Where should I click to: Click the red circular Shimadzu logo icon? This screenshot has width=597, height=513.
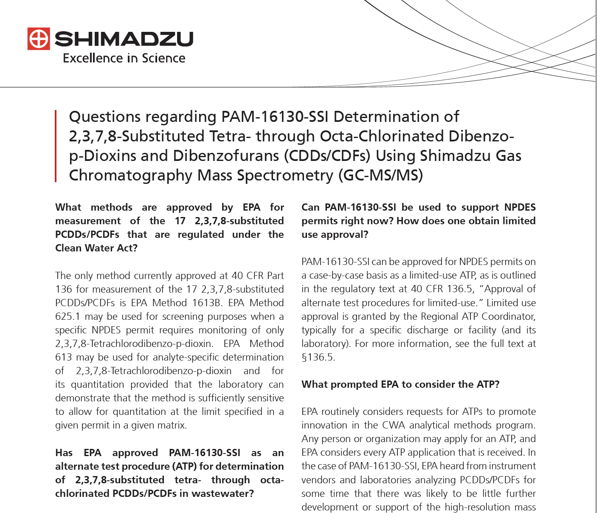click(x=39, y=39)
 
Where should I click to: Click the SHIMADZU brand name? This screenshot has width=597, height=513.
click(x=124, y=39)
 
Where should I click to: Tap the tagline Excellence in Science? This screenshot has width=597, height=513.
click(x=124, y=58)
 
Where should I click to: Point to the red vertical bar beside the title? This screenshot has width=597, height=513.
click(x=56, y=146)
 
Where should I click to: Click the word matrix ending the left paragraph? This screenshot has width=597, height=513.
click(x=172, y=425)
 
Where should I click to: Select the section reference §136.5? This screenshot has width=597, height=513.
click(x=318, y=357)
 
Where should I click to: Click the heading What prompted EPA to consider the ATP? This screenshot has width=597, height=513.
click(x=400, y=384)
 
